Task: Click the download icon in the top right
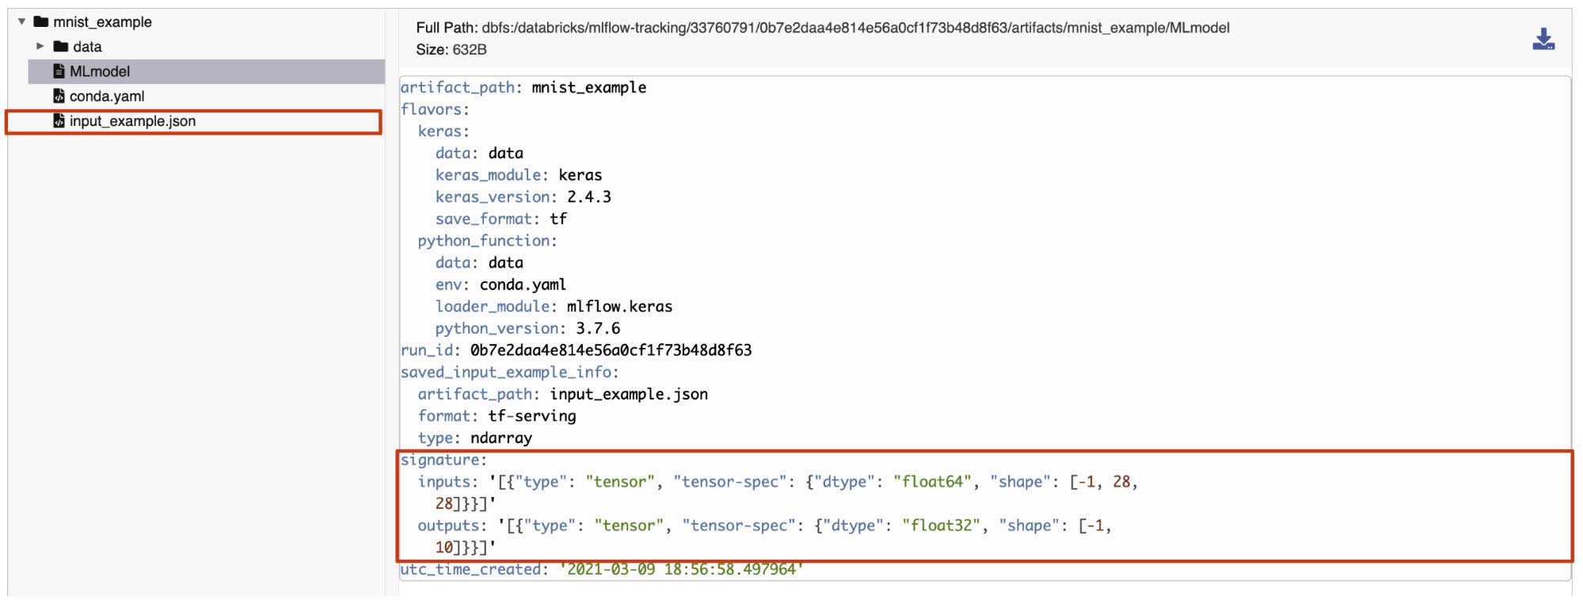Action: click(1543, 39)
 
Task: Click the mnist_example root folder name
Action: click(102, 22)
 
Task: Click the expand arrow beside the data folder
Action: click(40, 46)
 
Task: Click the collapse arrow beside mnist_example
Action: click(21, 21)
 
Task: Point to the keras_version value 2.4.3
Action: click(589, 197)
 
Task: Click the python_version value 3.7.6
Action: click(598, 328)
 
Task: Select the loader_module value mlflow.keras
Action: click(619, 306)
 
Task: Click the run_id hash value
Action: click(611, 350)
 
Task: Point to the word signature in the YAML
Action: click(440, 460)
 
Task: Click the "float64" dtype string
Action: click(932, 481)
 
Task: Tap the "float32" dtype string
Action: click(941, 525)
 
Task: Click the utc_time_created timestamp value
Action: click(681, 569)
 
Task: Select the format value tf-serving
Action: click(532, 416)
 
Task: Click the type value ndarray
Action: click(501, 438)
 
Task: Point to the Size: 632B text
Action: click(451, 50)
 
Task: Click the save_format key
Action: click(483, 219)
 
